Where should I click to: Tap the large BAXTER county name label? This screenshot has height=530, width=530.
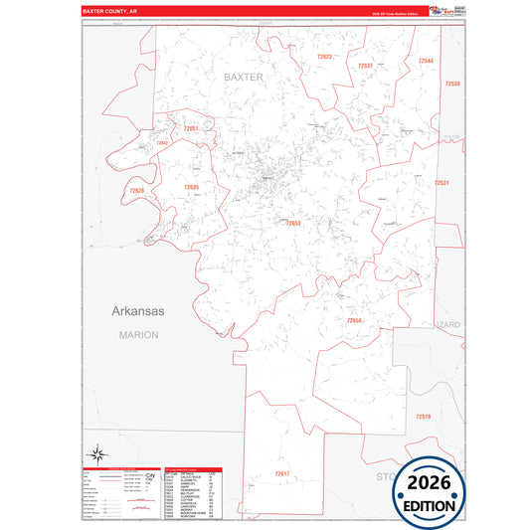coord(243,76)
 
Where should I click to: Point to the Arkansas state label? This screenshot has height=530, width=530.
coord(136,310)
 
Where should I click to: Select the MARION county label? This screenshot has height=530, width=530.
coord(138,335)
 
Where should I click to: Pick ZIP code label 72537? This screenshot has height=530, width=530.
coord(365,66)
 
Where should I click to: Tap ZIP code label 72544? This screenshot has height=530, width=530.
coord(426,62)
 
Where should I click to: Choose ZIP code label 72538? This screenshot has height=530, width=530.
coord(452,84)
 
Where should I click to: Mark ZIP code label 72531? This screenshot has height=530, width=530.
coord(442,183)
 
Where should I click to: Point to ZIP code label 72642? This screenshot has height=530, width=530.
coord(162,143)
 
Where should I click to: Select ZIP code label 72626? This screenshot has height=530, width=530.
coord(137,190)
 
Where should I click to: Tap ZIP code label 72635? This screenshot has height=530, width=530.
coord(191,187)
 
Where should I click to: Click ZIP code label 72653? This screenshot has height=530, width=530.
coord(293,224)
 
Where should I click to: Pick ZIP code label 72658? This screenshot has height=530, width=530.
coord(354,320)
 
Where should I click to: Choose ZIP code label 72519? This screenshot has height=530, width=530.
coord(424,416)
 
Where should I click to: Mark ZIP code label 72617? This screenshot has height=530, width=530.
coord(282,473)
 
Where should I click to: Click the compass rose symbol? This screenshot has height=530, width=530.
coord(97,454)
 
